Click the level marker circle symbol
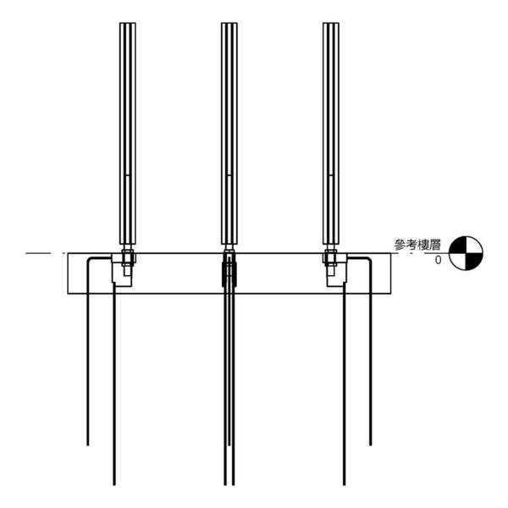click(x=466, y=253)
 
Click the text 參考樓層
click(x=417, y=245)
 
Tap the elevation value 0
click(x=438, y=260)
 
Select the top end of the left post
click(x=128, y=23)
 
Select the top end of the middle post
click(x=229, y=23)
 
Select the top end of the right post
click(x=331, y=23)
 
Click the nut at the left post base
click(x=128, y=257)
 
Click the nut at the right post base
click(x=331, y=257)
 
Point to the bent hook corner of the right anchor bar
click(x=369, y=260)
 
